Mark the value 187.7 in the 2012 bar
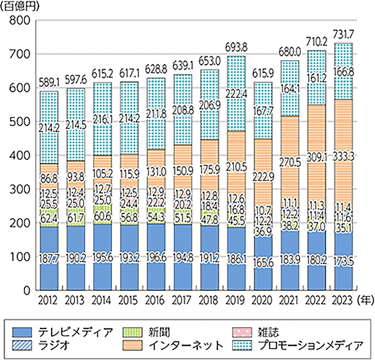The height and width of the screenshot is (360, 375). click(x=49, y=260)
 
